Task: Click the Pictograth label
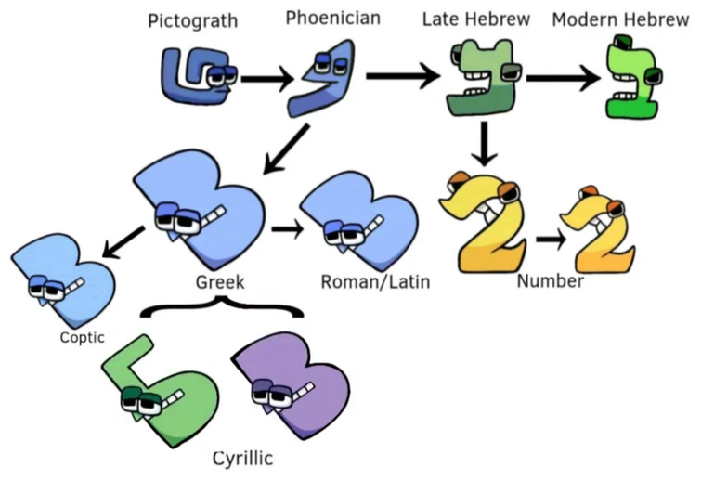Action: (192, 21)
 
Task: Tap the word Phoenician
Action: (333, 19)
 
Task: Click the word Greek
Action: (220, 281)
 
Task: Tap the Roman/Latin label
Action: (375, 281)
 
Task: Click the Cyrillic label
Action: (243, 458)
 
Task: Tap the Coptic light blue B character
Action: (64, 279)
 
